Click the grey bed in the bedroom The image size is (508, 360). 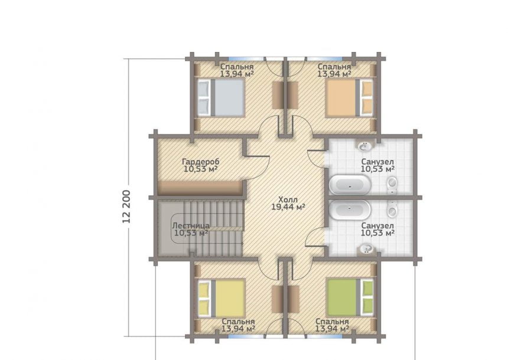pos(221,97)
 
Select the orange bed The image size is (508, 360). pos(349,97)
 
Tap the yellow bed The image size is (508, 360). pos(222,299)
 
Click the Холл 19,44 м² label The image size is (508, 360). pos(288,203)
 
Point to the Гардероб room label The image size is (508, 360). pos(201,162)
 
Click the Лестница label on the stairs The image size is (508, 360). pos(191,225)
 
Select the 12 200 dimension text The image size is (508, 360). pos(126,206)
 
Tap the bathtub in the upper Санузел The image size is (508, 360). pos(350,185)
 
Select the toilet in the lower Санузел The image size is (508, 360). pos(392,210)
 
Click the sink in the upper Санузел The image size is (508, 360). pos(366,146)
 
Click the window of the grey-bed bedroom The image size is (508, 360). pos(246,59)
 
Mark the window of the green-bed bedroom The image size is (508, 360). pos(325,336)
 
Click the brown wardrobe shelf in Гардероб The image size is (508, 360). pos(200,188)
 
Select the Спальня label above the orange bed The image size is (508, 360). pos(334,67)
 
